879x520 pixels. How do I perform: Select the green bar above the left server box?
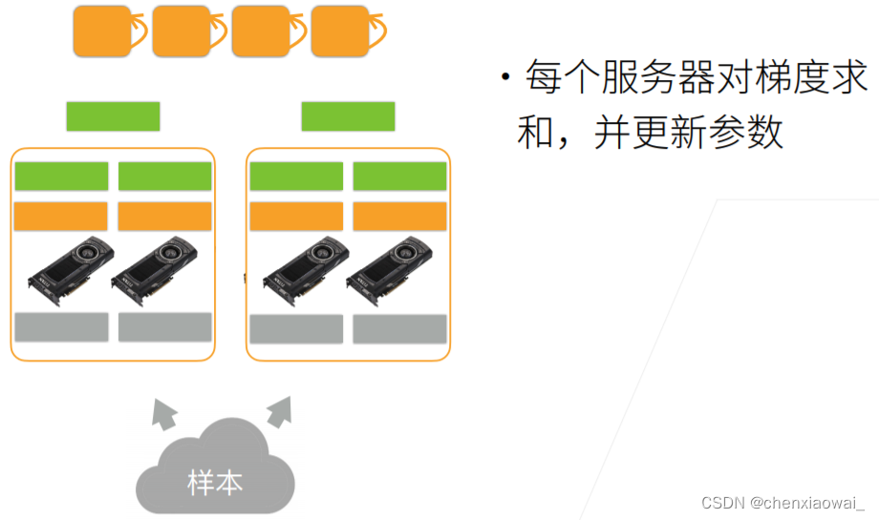[x=113, y=115]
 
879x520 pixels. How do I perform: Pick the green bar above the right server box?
[x=348, y=115]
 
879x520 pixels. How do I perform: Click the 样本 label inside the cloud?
[x=215, y=482]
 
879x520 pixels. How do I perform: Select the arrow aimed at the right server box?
[x=279, y=411]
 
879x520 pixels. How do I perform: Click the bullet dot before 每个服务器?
[x=504, y=77]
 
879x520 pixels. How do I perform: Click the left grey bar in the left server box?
[x=61, y=326]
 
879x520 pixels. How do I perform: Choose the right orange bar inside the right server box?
[x=399, y=217]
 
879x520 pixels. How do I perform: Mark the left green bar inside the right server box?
[x=296, y=177]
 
